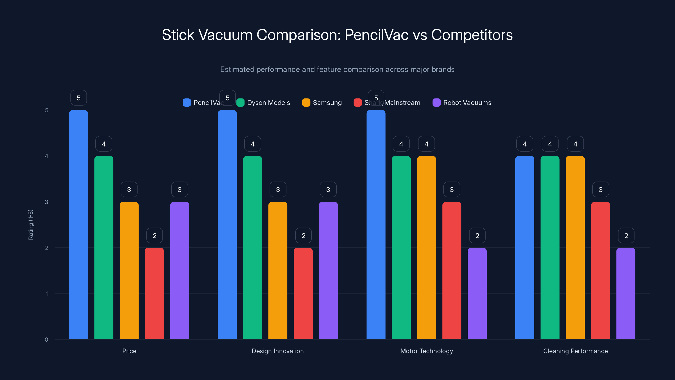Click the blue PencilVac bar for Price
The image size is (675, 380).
click(x=78, y=224)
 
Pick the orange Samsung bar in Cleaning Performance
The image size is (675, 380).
click(x=575, y=248)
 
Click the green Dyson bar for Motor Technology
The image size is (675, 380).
click(x=401, y=248)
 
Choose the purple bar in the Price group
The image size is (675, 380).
click(x=180, y=270)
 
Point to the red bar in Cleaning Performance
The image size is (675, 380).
click(x=600, y=270)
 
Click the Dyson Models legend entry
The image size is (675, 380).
click(x=268, y=103)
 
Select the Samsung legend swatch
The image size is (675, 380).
click(x=306, y=103)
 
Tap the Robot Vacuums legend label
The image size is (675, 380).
click(x=467, y=103)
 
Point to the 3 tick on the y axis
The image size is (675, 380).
click(x=46, y=202)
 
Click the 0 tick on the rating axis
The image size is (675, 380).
click(x=46, y=340)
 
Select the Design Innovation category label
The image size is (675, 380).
click(x=278, y=351)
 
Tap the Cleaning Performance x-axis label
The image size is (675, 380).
click(x=575, y=351)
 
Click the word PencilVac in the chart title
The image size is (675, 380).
click(x=376, y=35)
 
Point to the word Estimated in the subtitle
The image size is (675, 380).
click(x=237, y=69)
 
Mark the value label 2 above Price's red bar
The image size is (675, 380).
click(x=154, y=236)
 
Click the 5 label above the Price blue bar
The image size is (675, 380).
click(x=78, y=98)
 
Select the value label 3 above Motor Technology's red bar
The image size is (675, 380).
click(x=451, y=189)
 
